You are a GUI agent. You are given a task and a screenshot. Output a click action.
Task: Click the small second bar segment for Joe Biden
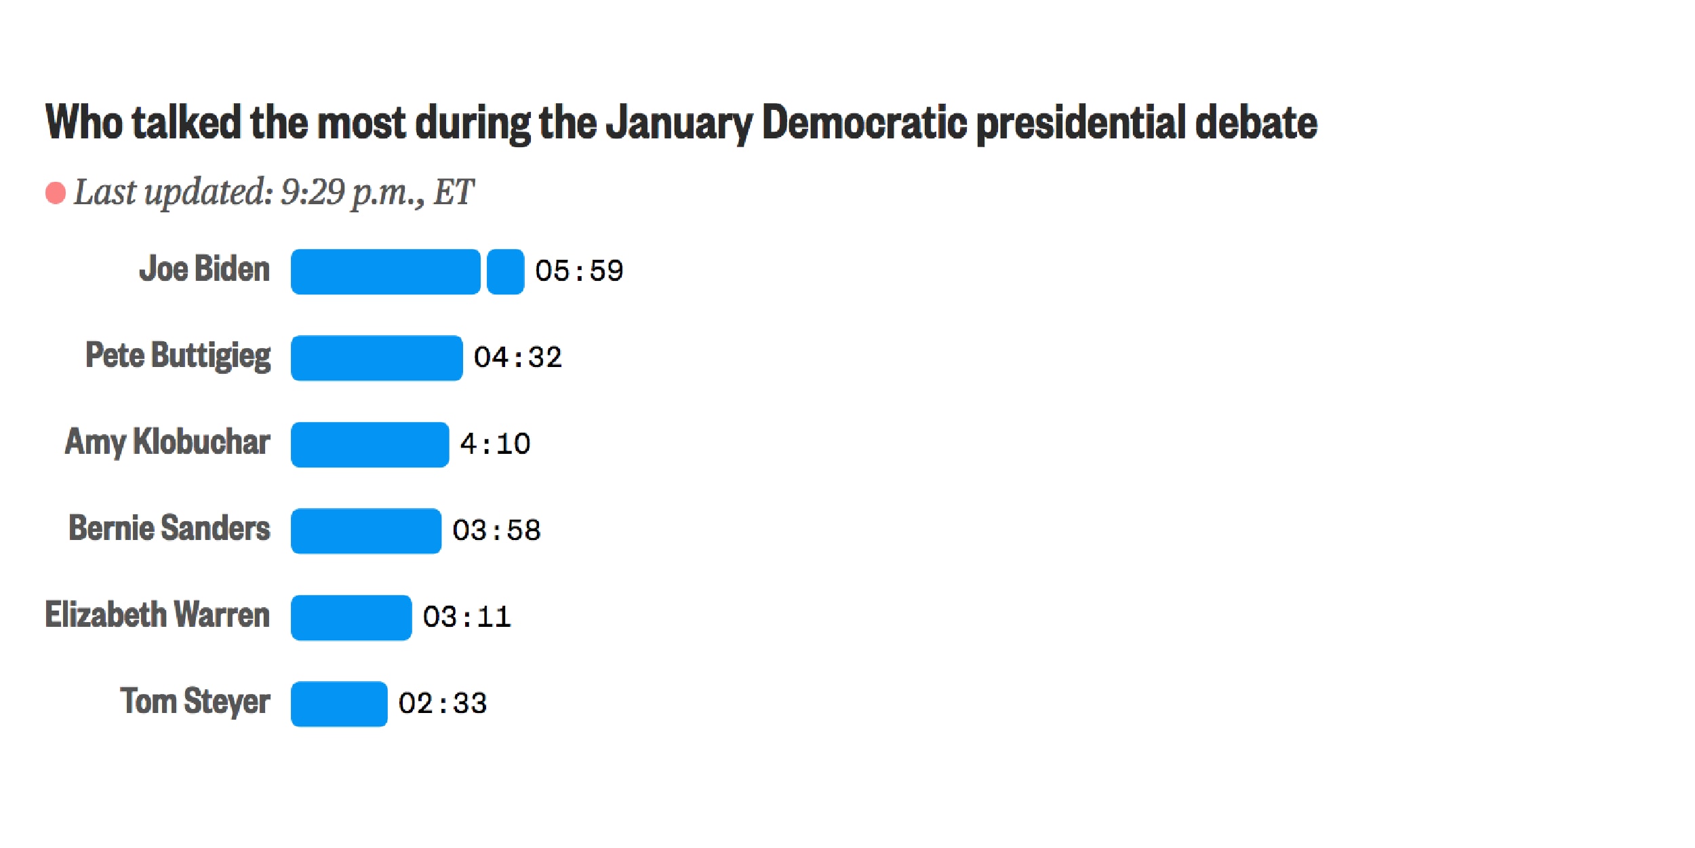[x=505, y=271]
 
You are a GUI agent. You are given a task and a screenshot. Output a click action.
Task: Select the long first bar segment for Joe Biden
[x=385, y=271]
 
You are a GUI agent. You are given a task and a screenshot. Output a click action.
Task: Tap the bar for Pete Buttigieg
[x=376, y=358]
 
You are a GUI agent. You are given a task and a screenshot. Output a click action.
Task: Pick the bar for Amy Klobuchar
[x=370, y=444]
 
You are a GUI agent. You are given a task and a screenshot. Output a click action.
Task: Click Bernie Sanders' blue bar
[x=365, y=531]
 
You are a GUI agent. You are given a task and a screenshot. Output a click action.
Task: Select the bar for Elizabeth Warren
[x=351, y=617]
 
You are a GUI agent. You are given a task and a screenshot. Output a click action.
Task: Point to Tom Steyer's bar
[x=339, y=704]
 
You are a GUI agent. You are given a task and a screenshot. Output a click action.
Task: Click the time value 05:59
[x=578, y=271]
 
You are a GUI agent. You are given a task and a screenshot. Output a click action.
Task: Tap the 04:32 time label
[x=517, y=358]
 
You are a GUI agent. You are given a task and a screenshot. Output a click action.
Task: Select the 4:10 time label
[x=495, y=444]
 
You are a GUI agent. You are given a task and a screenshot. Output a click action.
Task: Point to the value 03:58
[x=496, y=531]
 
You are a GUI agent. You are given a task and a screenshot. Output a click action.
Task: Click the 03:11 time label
[x=466, y=617]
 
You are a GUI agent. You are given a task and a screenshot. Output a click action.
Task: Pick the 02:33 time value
[x=442, y=704]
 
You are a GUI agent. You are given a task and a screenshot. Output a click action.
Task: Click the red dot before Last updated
[x=56, y=193]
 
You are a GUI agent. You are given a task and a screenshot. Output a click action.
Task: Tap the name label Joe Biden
[x=204, y=269]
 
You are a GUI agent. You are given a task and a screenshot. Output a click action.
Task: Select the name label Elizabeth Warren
[x=157, y=615]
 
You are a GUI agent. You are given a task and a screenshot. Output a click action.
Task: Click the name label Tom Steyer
[x=195, y=701]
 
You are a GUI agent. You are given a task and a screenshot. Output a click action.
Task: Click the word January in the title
[x=679, y=123]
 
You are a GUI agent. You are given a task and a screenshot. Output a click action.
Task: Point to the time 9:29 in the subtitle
[x=313, y=192]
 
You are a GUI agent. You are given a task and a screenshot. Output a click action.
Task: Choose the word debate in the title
[x=1256, y=123]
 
